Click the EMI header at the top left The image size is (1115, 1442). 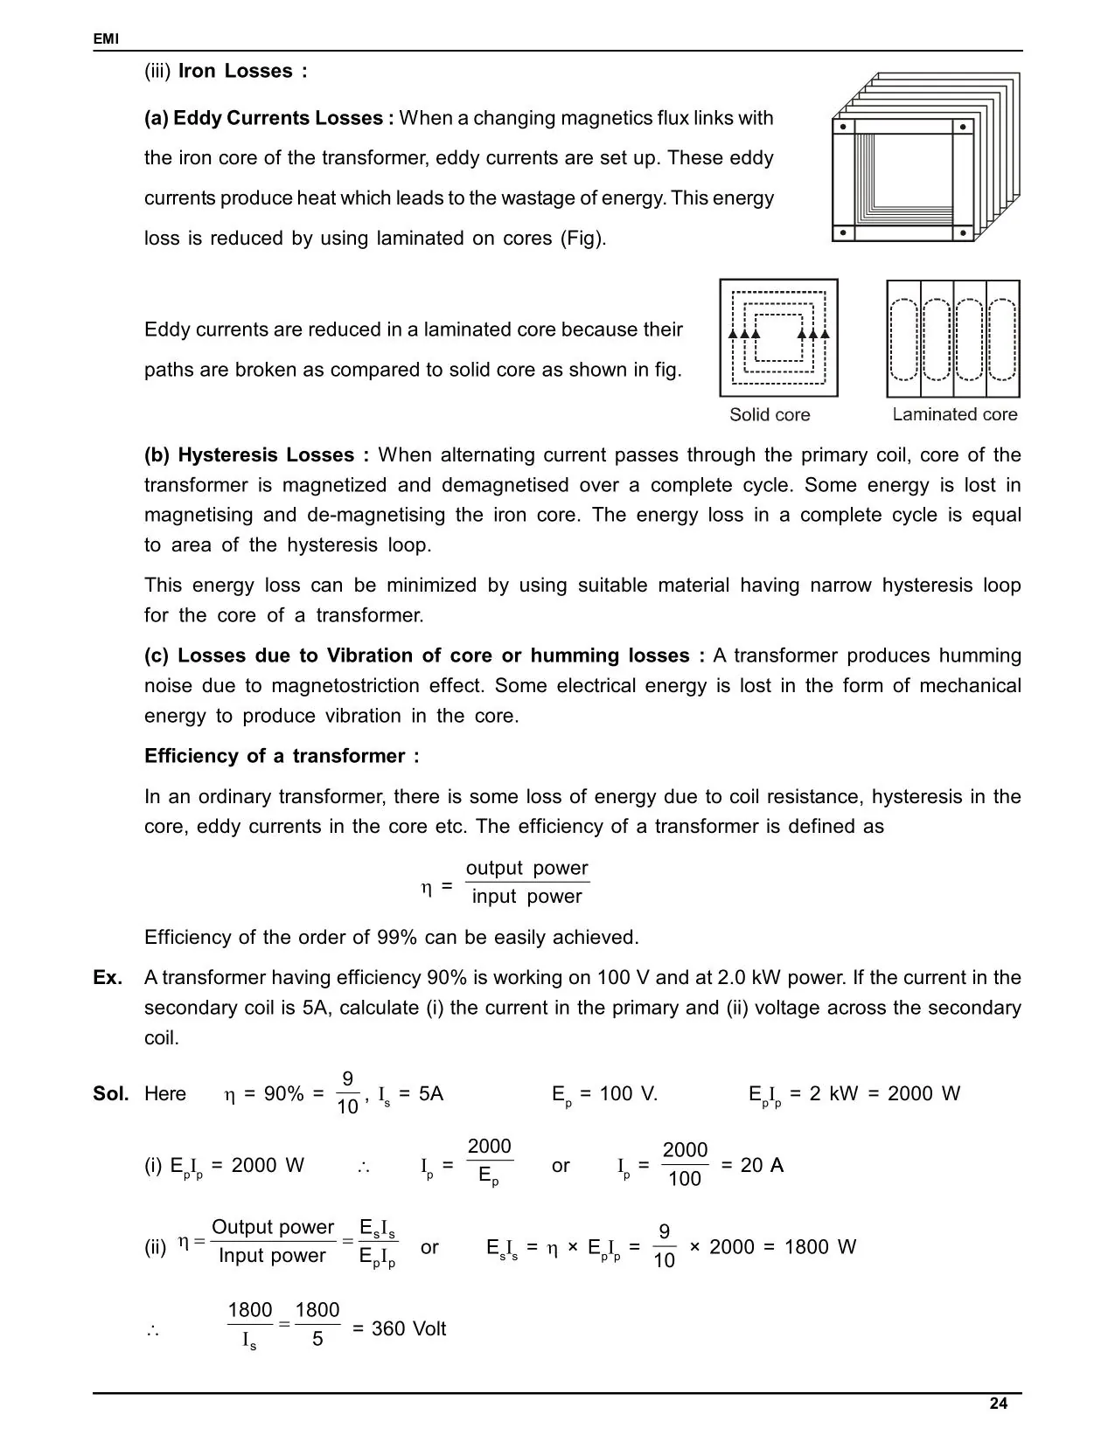(x=106, y=39)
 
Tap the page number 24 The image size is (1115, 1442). (x=998, y=1404)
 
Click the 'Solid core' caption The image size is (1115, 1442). (x=770, y=415)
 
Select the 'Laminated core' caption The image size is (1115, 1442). (x=954, y=415)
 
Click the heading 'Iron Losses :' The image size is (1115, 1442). (x=242, y=72)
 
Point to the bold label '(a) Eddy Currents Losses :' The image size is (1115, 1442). (x=269, y=118)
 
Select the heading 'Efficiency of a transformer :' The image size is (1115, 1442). (x=282, y=756)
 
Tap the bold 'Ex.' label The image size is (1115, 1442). (x=108, y=978)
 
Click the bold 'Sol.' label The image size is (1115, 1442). (x=111, y=1094)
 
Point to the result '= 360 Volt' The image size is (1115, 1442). (x=399, y=1329)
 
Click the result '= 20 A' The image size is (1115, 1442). (x=751, y=1166)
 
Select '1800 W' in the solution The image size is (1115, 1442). (x=820, y=1247)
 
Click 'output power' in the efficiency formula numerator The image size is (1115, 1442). (x=526, y=868)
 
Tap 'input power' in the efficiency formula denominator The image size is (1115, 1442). (x=526, y=897)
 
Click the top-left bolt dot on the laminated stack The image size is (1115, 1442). (x=843, y=126)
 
